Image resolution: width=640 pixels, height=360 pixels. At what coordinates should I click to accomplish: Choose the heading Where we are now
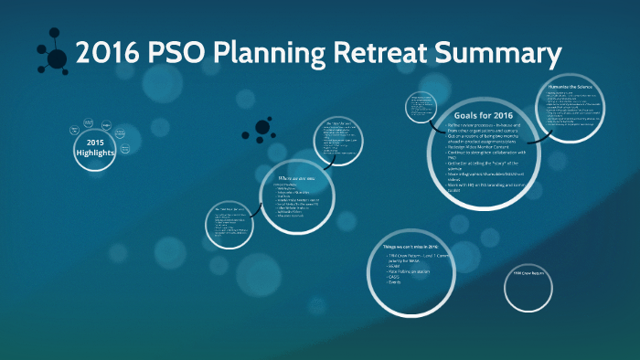pyautogui.click(x=298, y=177)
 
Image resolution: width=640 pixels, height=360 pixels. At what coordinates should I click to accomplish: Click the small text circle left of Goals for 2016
pyautogui.click(x=421, y=109)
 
